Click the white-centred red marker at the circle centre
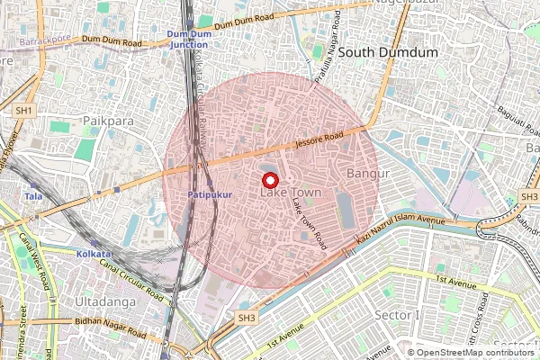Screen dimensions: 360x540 267,178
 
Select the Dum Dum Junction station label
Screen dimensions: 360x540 187,39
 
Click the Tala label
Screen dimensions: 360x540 33,195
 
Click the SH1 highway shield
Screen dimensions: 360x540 25,110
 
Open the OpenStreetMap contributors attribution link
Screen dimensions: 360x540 476,352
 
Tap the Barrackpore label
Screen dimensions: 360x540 47,40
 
